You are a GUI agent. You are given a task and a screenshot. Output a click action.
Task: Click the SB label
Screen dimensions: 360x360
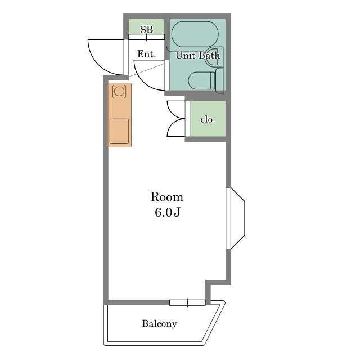(x=146, y=30)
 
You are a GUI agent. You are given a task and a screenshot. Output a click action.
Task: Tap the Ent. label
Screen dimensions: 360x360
(x=147, y=54)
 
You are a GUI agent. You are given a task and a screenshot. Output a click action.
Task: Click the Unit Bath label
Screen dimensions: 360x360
(x=197, y=55)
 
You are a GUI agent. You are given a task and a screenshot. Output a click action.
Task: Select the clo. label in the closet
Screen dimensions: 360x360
(x=208, y=120)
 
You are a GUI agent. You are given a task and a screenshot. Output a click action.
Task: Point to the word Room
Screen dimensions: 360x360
(x=167, y=197)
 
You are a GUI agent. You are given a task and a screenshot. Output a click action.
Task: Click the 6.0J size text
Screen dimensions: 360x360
(x=168, y=212)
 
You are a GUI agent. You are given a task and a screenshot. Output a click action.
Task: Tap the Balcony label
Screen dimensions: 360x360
(x=160, y=324)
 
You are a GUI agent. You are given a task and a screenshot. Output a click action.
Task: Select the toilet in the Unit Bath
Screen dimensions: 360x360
(x=201, y=80)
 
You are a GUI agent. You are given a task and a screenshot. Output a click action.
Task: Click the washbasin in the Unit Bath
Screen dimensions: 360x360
(x=211, y=57)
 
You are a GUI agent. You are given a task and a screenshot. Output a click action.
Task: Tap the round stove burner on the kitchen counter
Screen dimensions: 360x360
(x=119, y=91)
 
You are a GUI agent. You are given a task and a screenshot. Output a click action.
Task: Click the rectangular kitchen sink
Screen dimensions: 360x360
(x=119, y=131)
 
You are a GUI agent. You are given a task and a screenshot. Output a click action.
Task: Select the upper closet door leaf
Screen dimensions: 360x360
(x=176, y=110)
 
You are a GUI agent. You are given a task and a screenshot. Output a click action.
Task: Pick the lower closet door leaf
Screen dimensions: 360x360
(x=176, y=128)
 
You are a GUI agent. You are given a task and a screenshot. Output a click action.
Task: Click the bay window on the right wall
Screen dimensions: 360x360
(x=236, y=218)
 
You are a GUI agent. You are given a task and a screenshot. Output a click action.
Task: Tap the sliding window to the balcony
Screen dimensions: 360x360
(x=187, y=303)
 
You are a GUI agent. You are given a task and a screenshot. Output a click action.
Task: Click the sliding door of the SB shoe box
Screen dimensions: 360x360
(x=146, y=37)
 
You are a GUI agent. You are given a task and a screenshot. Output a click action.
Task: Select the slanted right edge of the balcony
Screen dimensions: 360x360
(x=214, y=323)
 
